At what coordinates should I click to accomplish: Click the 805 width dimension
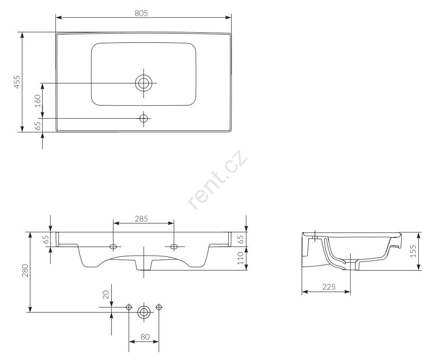tap(141, 13)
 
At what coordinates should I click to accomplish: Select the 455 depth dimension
tap(17, 82)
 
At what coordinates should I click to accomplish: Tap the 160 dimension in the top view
tap(37, 101)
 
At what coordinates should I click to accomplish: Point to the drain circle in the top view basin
tap(144, 83)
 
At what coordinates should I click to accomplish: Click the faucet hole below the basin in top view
tap(144, 118)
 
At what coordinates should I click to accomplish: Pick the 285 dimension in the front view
tap(142, 218)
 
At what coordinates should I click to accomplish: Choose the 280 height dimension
tap(25, 271)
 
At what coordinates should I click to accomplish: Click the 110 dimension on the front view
tap(240, 258)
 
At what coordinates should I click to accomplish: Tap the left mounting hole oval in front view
tap(113, 246)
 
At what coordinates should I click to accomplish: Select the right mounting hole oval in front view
tap(174, 246)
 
